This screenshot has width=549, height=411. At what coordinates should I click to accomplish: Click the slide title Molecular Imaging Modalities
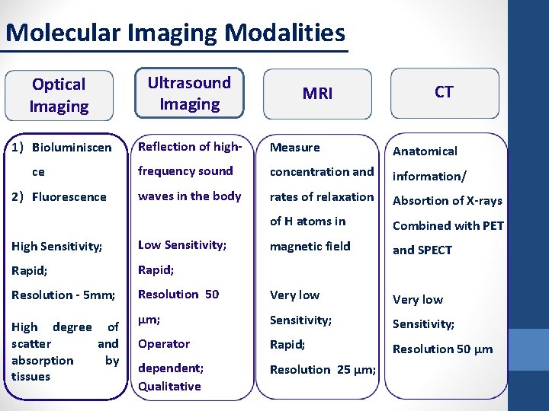(x=175, y=33)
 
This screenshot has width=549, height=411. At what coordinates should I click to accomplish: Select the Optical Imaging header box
(x=59, y=95)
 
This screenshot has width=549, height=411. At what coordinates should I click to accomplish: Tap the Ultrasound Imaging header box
(x=189, y=93)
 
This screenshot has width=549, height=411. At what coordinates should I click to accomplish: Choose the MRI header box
(x=317, y=94)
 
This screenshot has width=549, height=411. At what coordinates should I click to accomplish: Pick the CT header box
(x=444, y=92)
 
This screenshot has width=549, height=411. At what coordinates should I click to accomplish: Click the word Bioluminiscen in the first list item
(x=72, y=147)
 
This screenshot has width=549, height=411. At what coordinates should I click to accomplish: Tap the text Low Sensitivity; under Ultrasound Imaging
(x=181, y=244)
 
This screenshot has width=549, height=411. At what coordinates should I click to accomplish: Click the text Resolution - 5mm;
(x=63, y=295)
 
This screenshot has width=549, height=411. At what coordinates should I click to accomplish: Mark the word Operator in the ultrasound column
(x=164, y=343)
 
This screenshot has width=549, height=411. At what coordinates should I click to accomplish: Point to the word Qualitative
(x=169, y=386)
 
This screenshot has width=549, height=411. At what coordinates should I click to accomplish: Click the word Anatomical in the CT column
(x=425, y=151)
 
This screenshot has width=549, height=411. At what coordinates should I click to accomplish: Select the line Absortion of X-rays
(x=447, y=200)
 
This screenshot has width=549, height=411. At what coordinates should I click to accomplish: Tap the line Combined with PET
(x=448, y=225)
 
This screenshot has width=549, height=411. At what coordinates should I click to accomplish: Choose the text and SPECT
(x=422, y=250)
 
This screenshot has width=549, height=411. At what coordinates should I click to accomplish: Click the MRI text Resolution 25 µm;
(x=323, y=369)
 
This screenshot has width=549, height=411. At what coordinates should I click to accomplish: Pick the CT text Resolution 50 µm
(x=442, y=349)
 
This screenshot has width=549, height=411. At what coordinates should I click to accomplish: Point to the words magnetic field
(x=310, y=246)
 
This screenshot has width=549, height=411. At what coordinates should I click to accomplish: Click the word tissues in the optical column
(x=30, y=376)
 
